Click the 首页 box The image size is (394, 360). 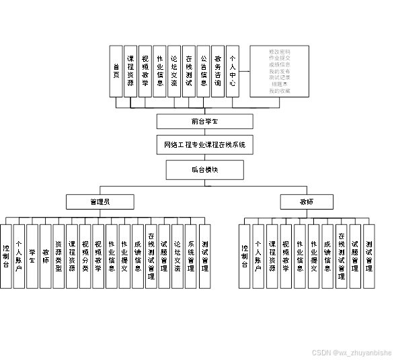116,71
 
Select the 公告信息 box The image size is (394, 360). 203,71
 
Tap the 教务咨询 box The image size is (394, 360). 217,71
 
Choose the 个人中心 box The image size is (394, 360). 233,71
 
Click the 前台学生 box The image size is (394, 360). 204,122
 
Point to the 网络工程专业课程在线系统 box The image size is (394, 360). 204,145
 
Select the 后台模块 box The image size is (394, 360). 204,170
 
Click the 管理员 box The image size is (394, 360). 100,201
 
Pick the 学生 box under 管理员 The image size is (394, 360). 32,256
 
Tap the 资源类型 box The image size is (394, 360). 58,256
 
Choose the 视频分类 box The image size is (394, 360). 85,256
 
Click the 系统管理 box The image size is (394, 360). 191,256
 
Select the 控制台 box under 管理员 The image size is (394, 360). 6,256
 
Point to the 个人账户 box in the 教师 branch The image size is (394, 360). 258,256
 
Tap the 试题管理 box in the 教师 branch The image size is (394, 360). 354,256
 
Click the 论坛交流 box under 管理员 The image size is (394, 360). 178,256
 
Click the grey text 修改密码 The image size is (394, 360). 279,51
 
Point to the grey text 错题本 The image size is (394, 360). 279,84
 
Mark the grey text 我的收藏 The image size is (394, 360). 279,91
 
